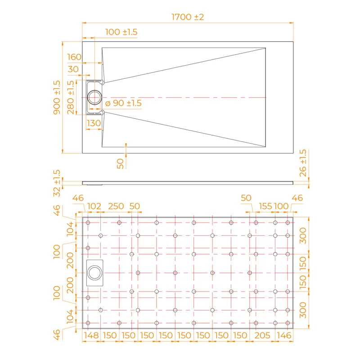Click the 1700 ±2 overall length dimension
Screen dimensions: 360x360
tap(188, 17)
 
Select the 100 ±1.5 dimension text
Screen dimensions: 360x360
tap(121, 32)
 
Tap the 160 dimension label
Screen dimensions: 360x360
tap(74, 57)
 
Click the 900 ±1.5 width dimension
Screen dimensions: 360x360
tap(57, 97)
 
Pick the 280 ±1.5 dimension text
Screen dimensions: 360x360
tap(71, 97)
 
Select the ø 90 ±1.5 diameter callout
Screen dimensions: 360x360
tap(123, 103)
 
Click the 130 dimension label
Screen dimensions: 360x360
tap(94, 123)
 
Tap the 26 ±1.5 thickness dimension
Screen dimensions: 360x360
tap(303, 163)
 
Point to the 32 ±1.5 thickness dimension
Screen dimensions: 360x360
tap(57, 183)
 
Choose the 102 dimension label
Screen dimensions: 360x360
tap(94, 206)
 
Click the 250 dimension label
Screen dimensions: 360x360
tap(116, 206)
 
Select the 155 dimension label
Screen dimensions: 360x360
tap(265, 206)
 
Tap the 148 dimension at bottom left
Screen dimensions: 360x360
tap(91, 335)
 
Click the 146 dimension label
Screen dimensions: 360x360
tap(284, 335)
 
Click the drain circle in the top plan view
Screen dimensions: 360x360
tap(95, 97)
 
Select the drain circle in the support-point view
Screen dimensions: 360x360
tap(95, 273)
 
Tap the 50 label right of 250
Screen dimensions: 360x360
tap(135, 206)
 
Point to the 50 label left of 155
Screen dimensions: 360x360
tap(246, 198)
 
